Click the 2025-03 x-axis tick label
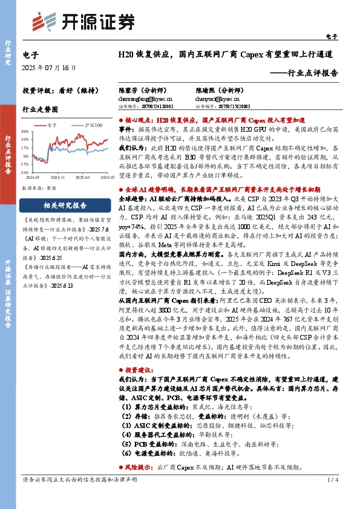coord(83,178)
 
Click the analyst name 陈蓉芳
coord(128,89)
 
